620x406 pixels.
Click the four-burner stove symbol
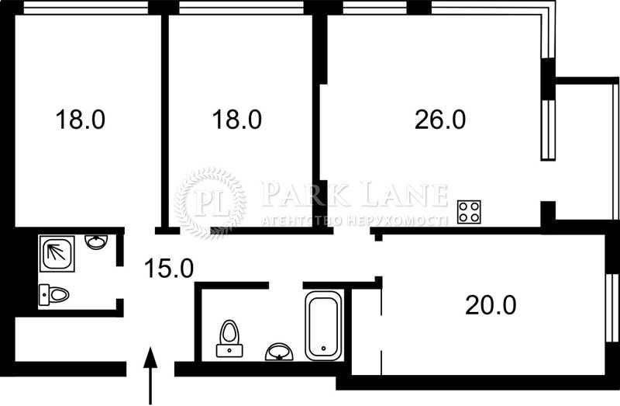(469, 212)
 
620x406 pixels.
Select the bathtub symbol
(324, 325)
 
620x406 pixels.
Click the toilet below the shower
(54, 295)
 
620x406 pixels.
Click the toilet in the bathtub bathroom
(229, 338)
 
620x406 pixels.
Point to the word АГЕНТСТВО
(299, 220)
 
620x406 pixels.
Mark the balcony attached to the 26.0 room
(580, 147)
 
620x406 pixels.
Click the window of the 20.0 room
(611, 306)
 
